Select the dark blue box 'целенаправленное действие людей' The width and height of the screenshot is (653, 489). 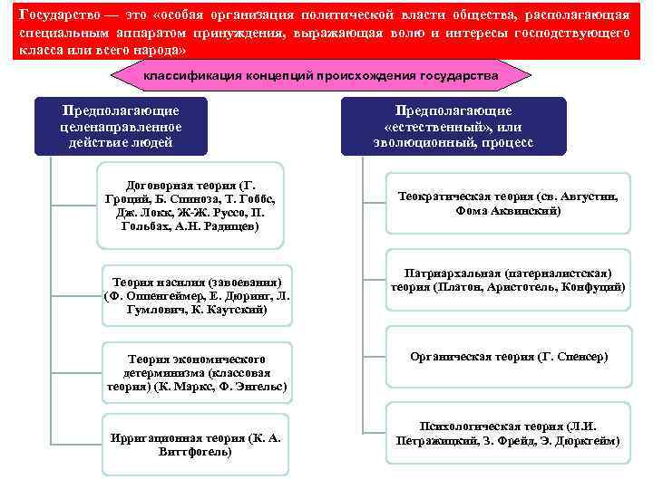[x=120, y=127]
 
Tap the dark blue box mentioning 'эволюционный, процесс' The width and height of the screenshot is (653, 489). [x=453, y=127]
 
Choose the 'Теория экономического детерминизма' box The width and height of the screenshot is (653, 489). [x=196, y=371]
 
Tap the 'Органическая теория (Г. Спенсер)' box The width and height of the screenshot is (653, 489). [x=508, y=357]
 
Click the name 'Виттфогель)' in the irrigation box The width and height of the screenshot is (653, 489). [x=195, y=451]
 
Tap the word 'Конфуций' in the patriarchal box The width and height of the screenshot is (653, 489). [x=594, y=287]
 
